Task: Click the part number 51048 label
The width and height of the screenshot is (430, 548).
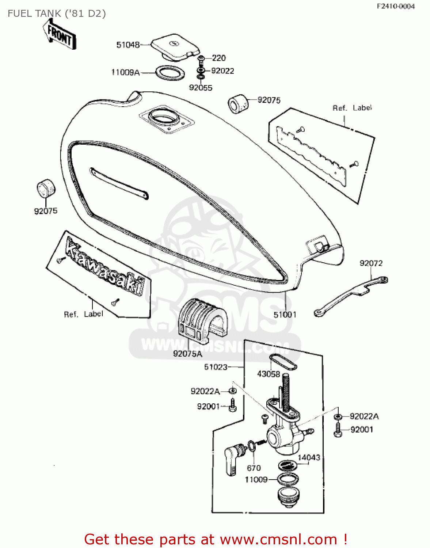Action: [x=128, y=45]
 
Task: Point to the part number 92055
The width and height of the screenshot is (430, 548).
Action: [x=201, y=88]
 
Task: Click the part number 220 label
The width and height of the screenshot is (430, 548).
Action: [x=219, y=58]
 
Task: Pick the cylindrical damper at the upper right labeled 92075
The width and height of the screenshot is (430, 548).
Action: [x=238, y=104]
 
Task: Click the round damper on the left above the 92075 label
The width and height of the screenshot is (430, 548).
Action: [x=46, y=189]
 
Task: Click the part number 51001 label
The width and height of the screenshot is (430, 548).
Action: [x=285, y=315]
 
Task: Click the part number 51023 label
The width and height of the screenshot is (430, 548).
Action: [x=216, y=367]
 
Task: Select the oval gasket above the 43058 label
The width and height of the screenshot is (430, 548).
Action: [x=283, y=362]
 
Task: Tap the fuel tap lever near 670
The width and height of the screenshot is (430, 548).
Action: [x=232, y=460]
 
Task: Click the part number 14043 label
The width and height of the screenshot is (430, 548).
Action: [x=309, y=458]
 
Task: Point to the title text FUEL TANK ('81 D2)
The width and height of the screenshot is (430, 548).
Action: [x=57, y=14]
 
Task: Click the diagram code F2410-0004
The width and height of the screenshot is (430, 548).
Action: [x=396, y=6]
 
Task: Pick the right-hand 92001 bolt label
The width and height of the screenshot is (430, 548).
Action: [x=362, y=430]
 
